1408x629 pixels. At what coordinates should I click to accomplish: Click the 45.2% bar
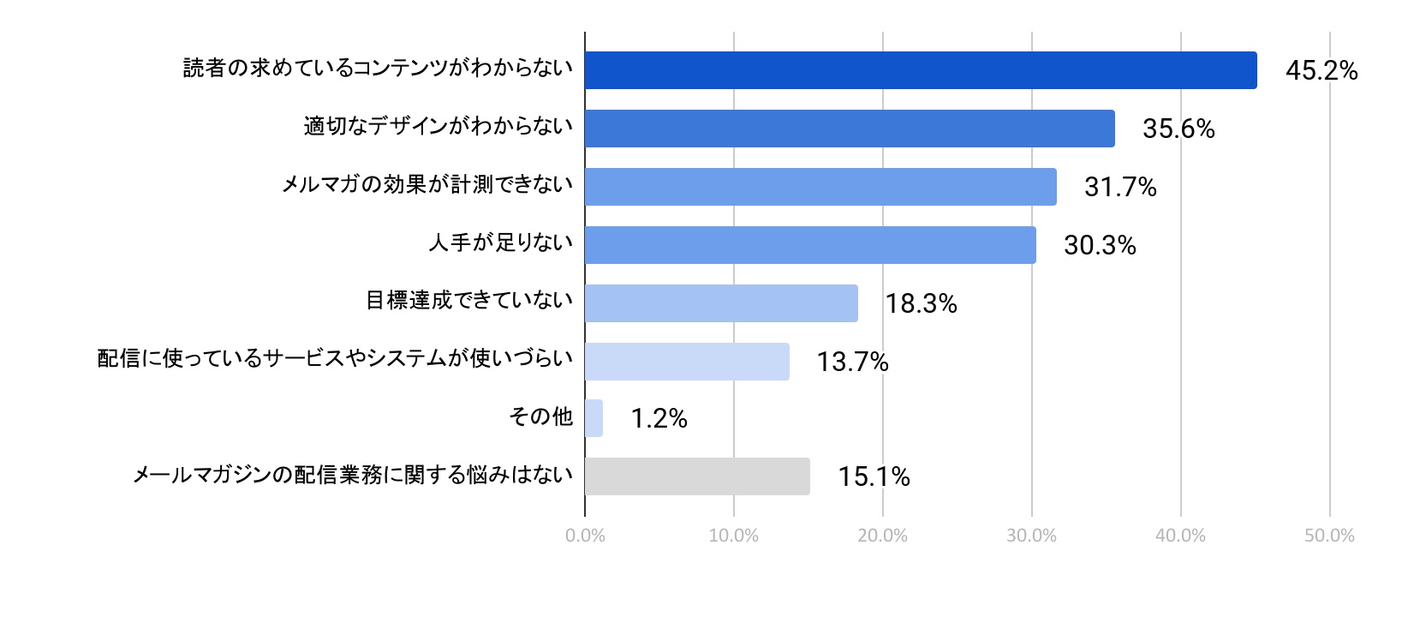click(921, 70)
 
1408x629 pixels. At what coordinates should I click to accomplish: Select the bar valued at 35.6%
click(850, 129)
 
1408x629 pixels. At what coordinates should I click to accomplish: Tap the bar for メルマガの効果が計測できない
click(820, 187)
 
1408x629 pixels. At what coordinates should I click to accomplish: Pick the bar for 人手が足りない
click(810, 245)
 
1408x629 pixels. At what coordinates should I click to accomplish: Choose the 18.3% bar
click(721, 303)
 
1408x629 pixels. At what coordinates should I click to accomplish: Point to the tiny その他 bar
click(594, 418)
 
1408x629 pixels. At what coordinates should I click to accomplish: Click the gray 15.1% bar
click(697, 476)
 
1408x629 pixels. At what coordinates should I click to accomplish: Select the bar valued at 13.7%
click(687, 362)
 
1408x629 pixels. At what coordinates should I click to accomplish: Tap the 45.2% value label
click(1321, 70)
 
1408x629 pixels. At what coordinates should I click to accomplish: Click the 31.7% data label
click(1120, 187)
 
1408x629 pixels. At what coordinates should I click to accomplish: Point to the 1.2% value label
click(659, 418)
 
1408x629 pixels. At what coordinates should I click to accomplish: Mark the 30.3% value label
click(1100, 245)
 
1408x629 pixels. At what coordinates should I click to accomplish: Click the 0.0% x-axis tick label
click(585, 536)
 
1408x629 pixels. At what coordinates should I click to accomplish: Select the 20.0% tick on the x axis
click(882, 536)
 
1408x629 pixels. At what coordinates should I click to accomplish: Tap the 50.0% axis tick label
click(1329, 536)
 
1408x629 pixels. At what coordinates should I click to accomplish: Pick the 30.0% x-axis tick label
click(1031, 536)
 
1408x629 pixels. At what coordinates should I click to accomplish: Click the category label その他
click(540, 416)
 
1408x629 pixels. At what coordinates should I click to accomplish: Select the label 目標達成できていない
click(469, 301)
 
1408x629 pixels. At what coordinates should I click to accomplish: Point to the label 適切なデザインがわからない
click(439, 127)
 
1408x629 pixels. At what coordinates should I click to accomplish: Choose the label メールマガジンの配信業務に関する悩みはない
click(353, 475)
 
